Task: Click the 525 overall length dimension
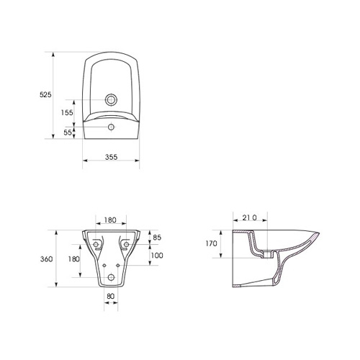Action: [x=45, y=95]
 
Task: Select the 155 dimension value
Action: [x=67, y=112]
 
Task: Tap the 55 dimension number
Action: [x=68, y=132]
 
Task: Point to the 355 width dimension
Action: [x=112, y=157]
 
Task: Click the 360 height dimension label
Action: [x=46, y=259]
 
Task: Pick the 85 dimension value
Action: [x=157, y=238]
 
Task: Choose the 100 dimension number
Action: [x=157, y=256]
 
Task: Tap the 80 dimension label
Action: [x=111, y=296]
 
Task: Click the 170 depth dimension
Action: [x=211, y=243]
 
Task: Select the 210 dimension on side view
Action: [x=249, y=217]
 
